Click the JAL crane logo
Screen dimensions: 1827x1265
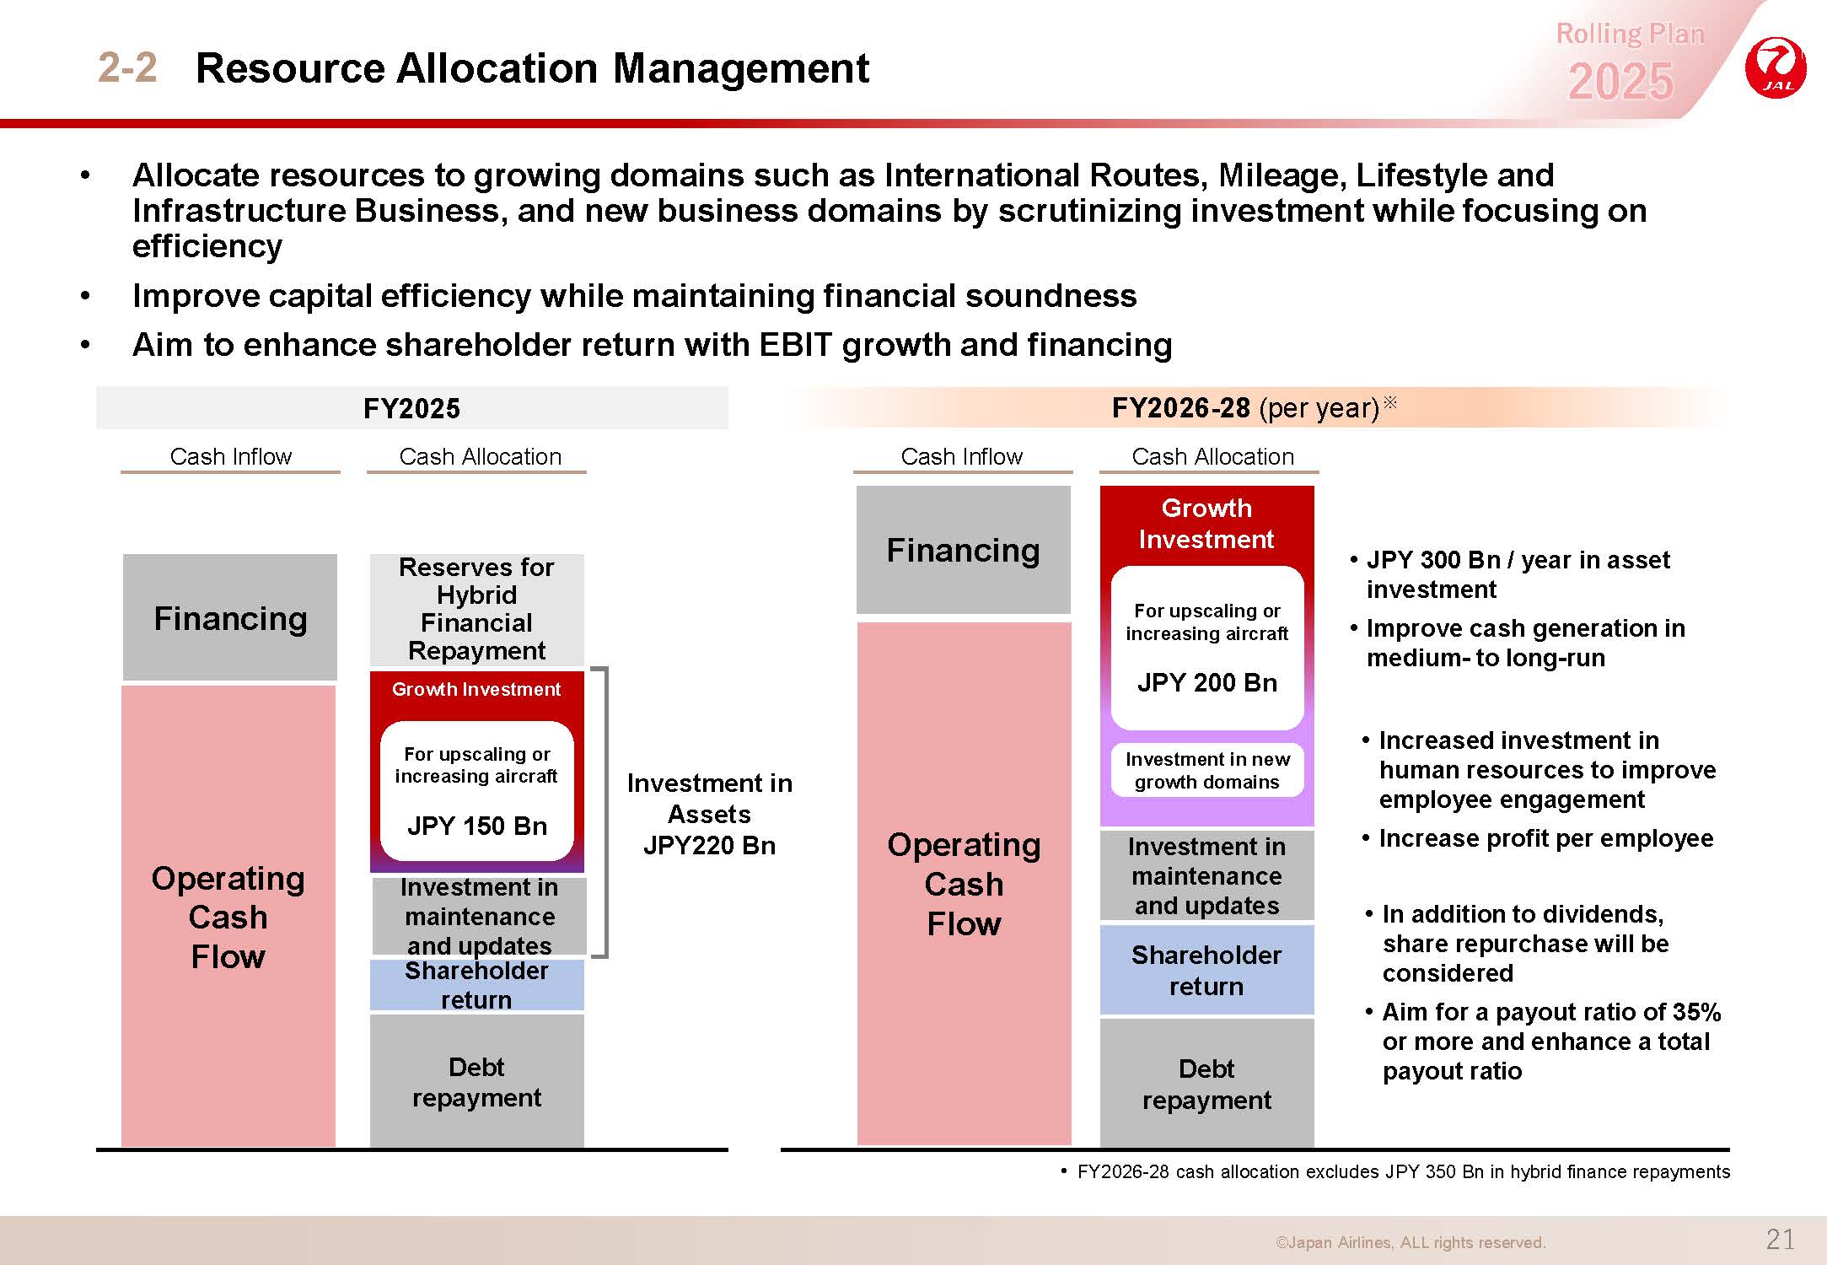[x=1776, y=67]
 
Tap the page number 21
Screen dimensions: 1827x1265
[x=1780, y=1239]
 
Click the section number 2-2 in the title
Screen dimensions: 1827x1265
[x=127, y=67]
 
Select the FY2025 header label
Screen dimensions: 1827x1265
[x=411, y=408]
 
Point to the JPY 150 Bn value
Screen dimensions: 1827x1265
[x=477, y=826]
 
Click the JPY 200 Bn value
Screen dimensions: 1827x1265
[x=1207, y=682]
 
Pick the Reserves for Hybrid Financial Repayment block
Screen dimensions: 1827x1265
[x=477, y=609]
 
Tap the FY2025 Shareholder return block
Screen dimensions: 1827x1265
[x=477, y=985]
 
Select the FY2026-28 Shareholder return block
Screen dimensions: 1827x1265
[x=1207, y=970]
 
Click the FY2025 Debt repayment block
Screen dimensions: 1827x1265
[x=477, y=1081]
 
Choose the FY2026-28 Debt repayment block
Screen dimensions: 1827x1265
[x=1207, y=1084]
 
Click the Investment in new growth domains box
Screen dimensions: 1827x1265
[x=1207, y=770]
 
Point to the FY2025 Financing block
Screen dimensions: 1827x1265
[x=230, y=617]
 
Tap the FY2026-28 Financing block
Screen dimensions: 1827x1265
[x=964, y=550]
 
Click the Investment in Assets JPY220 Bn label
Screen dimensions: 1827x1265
[x=710, y=814]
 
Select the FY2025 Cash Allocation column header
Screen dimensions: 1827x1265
[x=480, y=456]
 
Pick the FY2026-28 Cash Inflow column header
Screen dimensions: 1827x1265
[x=962, y=456]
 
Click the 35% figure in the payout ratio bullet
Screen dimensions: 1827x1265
[x=1697, y=1012]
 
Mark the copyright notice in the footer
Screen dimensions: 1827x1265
[x=1411, y=1242]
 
